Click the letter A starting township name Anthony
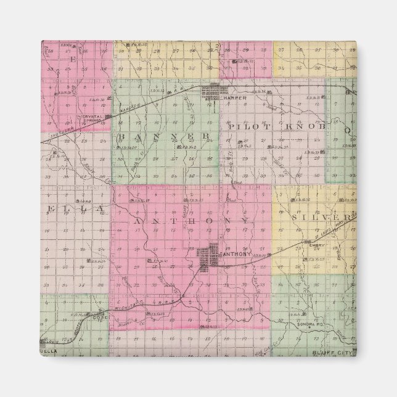137,220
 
